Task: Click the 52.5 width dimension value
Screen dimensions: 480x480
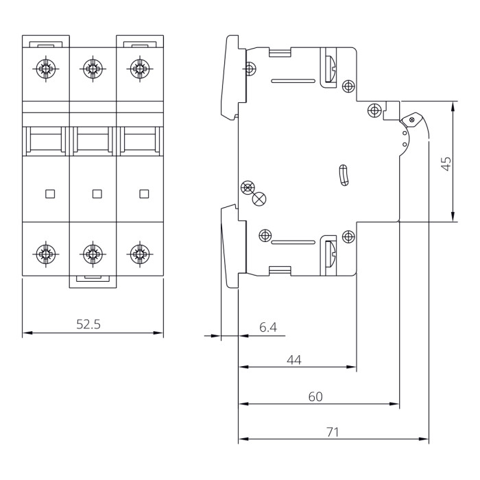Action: point(88,324)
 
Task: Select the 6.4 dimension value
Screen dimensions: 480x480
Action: point(268,328)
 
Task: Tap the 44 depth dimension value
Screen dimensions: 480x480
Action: point(294,359)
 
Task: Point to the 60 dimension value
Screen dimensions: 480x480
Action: point(315,396)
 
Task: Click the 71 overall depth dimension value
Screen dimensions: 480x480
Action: point(333,432)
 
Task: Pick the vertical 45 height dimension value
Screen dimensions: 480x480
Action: point(446,163)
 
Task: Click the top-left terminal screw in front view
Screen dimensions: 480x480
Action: point(46,69)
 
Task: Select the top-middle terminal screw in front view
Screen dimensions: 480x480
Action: point(93,69)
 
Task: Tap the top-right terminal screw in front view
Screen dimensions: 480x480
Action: point(140,69)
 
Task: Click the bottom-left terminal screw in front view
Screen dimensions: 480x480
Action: point(46,253)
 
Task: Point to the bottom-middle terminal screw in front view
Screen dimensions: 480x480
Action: point(93,253)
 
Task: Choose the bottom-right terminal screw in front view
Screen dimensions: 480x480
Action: point(140,253)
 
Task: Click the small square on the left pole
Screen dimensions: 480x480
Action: point(49,193)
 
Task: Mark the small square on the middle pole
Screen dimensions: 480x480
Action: point(97,193)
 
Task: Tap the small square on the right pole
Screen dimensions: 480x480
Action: point(143,193)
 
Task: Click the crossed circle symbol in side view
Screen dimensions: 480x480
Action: point(259,199)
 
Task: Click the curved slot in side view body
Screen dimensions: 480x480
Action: point(344,176)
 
